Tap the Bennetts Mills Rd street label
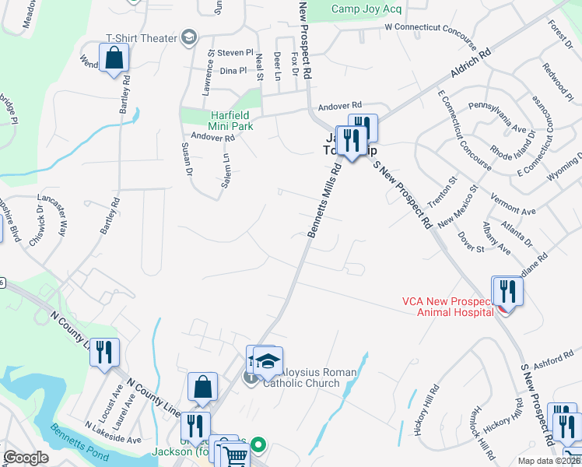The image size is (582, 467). (324, 198)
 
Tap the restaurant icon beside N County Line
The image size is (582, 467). (104, 352)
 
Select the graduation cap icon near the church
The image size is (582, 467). (268, 361)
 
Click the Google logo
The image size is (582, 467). (26, 458)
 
